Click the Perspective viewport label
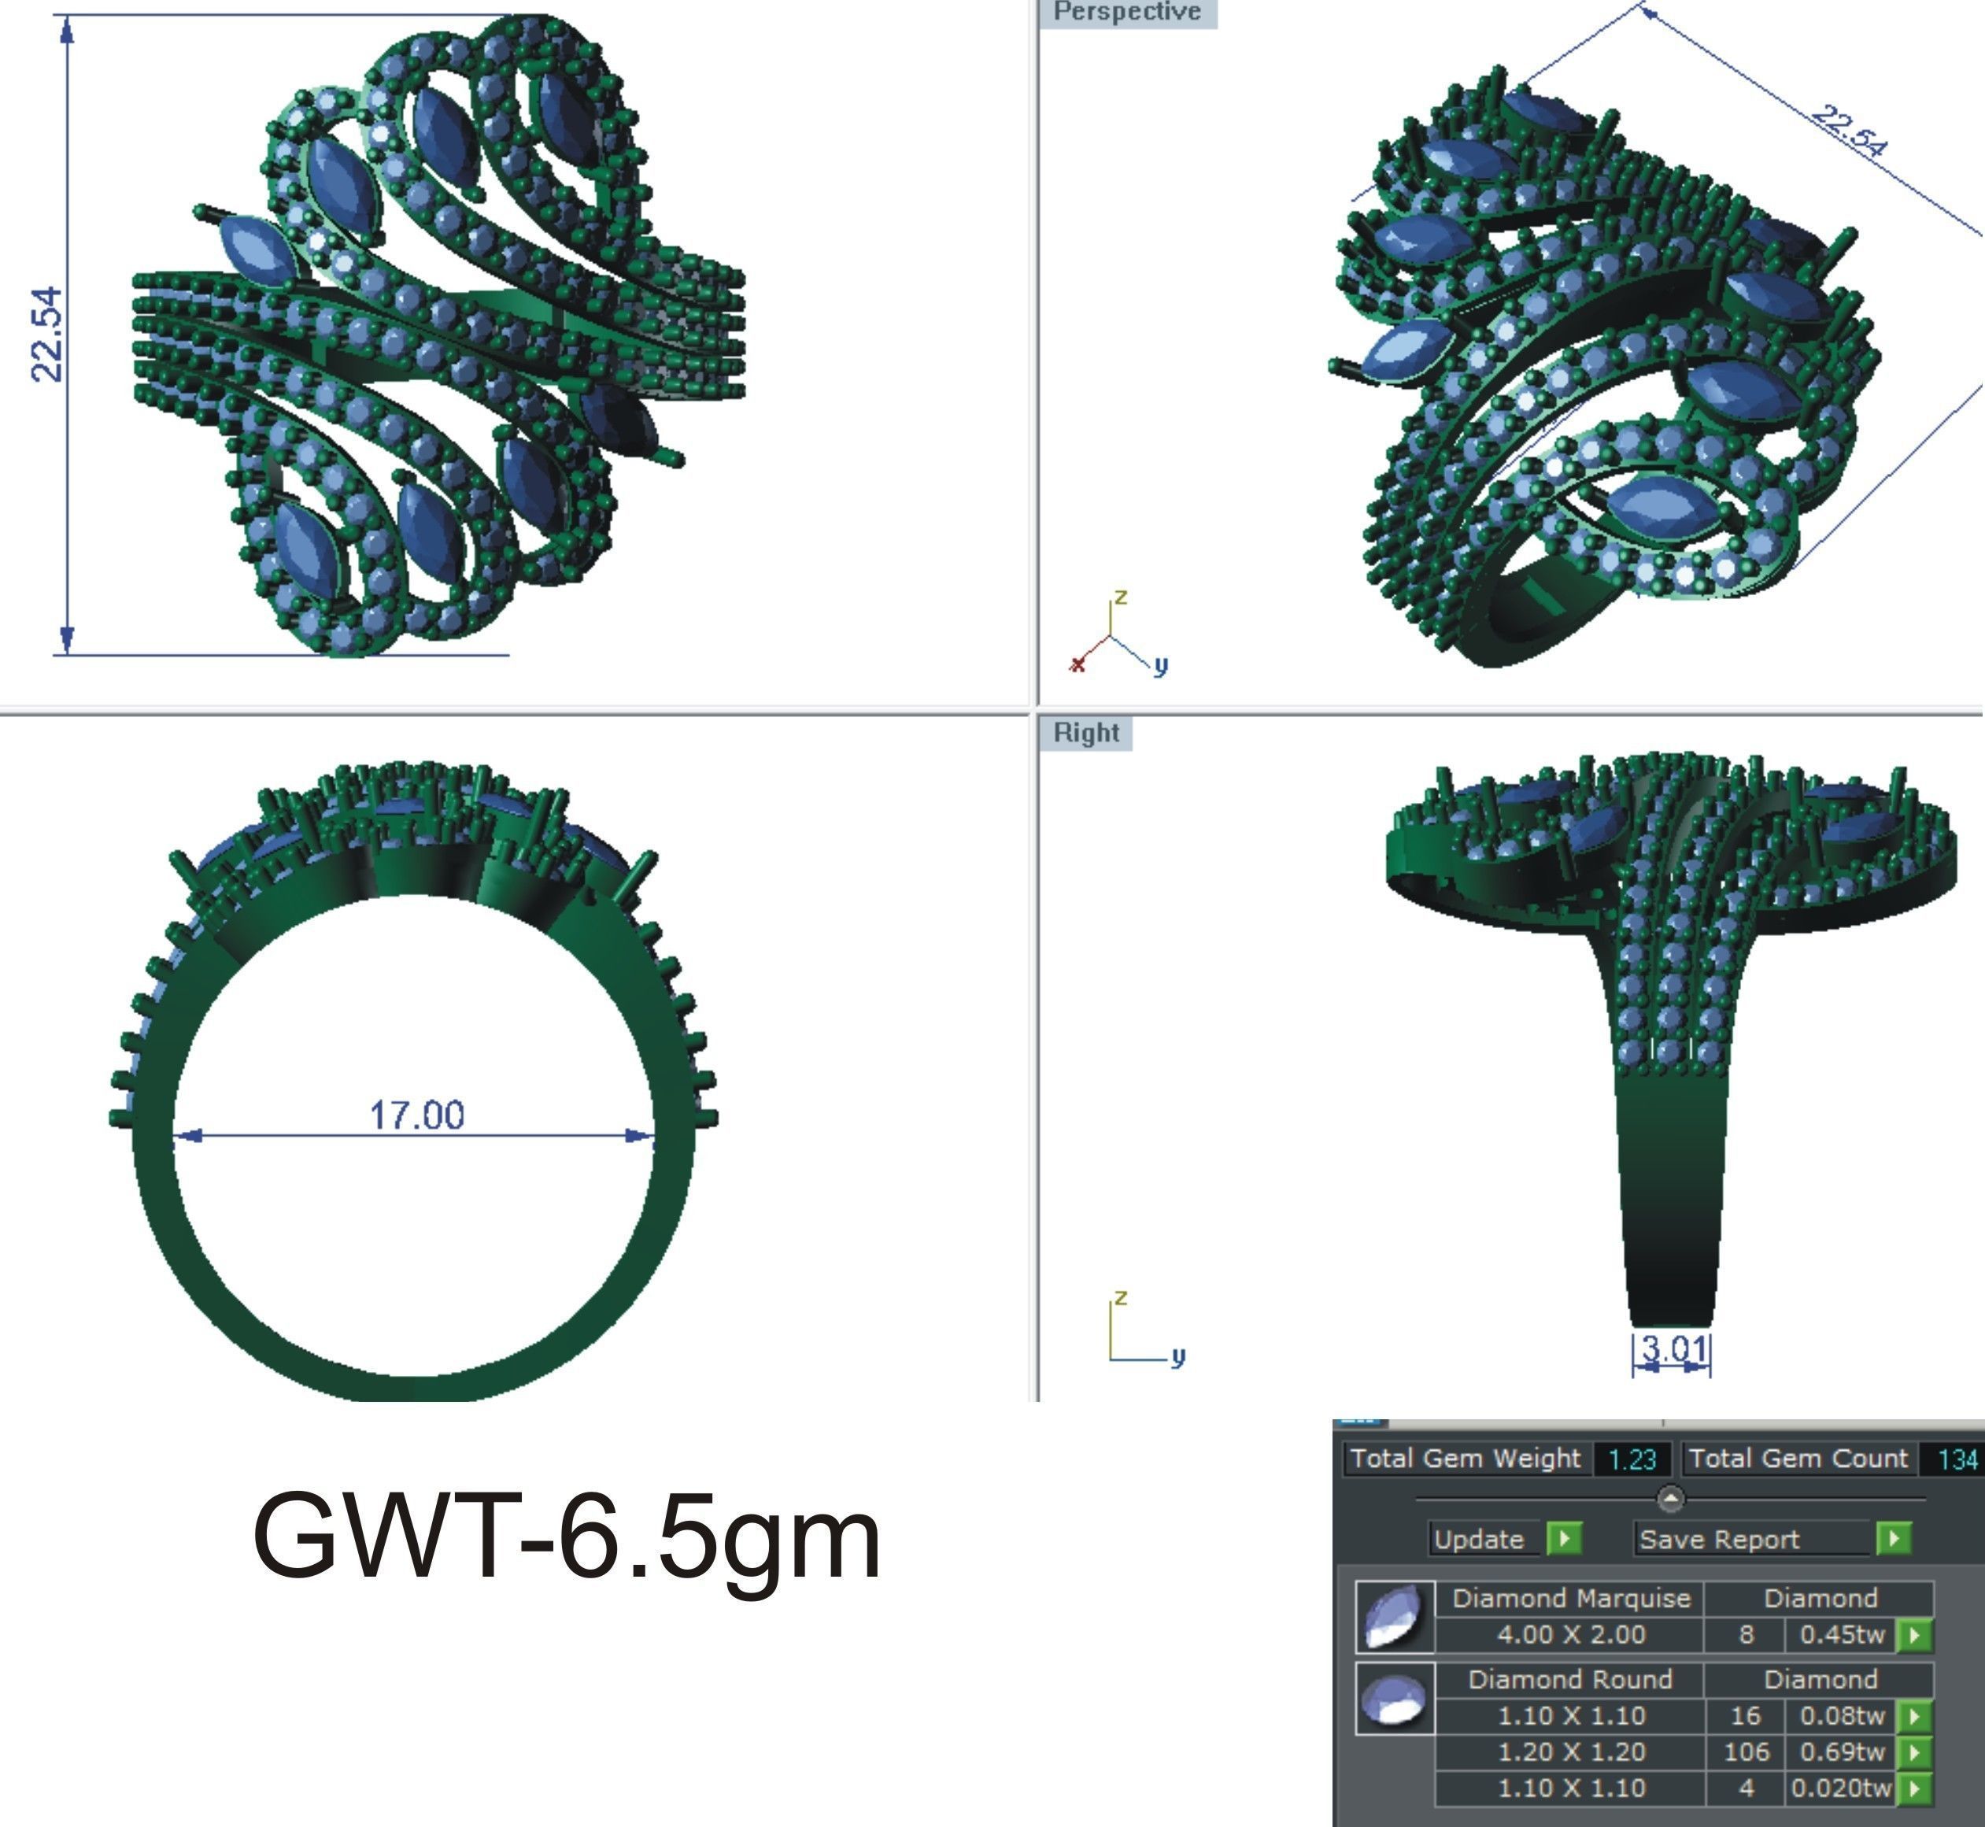pos(1126,12)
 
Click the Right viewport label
pos(1085,733)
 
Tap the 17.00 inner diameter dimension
pos(416,1115)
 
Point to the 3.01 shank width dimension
pos(1673,1348)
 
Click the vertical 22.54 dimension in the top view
pos(47,335)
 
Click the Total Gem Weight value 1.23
pos(1631,1460)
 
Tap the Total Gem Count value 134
pos(1957,1460)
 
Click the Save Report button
pos(1720,1540)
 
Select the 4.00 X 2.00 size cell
pos(1571,1634)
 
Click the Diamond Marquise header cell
pos(1571,1599)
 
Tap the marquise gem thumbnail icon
pos(1395,1615)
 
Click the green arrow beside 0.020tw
pos(1915,1788)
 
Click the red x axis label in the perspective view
pos(1078,664)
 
